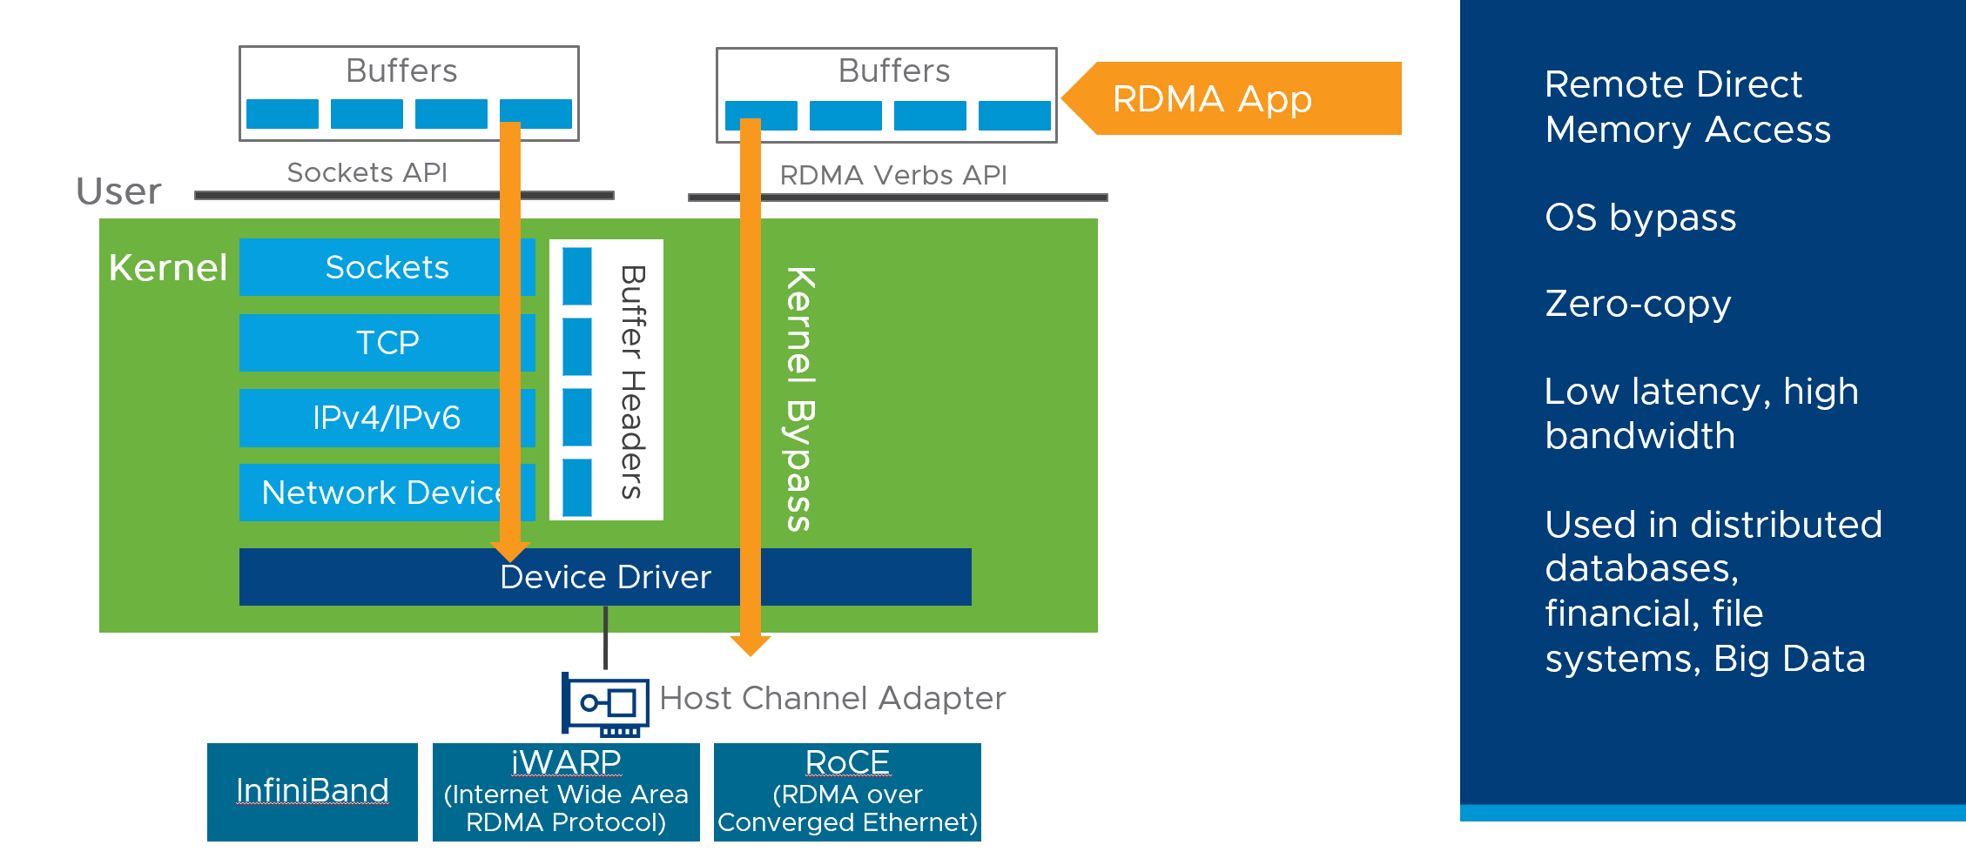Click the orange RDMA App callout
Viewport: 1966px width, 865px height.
[x=1236, y=98]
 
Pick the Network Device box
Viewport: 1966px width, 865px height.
[x=379, y=493]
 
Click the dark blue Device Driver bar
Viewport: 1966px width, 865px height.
[x=604, y=577]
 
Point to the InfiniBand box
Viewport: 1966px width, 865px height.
[x=312, y=791]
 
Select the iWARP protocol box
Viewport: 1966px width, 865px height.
[x=566, y=792]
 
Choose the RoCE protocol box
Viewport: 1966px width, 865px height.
[x=847, y=792]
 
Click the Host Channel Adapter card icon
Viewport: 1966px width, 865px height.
[x=606, y=703]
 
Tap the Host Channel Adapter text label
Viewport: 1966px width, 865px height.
[x=832, y=698]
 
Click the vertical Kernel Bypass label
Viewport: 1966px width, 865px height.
[x=799, y=399]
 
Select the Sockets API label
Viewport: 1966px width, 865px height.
[x=367, y=172]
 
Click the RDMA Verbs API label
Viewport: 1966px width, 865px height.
[x=892, y=175]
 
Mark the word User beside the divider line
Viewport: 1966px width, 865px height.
[x=118, y=191]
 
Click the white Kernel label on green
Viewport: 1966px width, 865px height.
[x=168, y=268]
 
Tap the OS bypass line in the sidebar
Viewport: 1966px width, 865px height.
[x=1640, y=218]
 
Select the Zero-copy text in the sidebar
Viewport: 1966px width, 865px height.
[x=1638, y=304]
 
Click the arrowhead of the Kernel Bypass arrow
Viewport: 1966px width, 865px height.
[x=750, y=645]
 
